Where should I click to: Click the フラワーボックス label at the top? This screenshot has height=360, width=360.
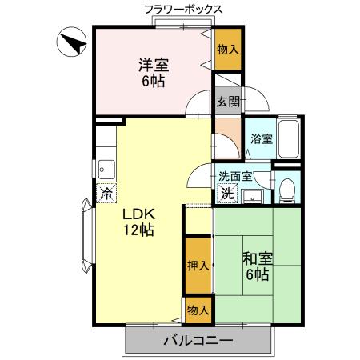coord(183,10)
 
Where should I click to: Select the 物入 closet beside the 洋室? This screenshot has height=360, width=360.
coord(227,51)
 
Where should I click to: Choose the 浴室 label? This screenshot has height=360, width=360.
coord(261,138)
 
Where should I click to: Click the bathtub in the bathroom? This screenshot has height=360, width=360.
coord(289,139)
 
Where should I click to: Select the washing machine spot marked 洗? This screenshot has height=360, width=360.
coord(227,193)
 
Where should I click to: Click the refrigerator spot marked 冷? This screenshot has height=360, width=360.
coord(106,193)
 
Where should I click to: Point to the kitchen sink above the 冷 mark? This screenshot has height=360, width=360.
coord(106,169)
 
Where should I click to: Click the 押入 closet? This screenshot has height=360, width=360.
coord(198,266)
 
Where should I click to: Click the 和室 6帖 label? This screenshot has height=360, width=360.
coord(258,266)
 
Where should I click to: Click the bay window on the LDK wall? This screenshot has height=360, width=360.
coord(86,237)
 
